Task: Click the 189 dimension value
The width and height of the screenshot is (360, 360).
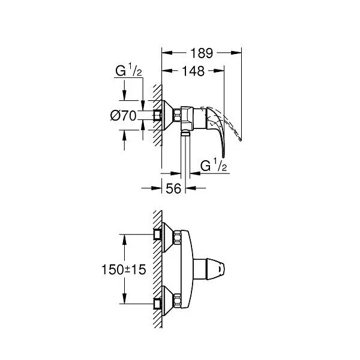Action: click(202, 53)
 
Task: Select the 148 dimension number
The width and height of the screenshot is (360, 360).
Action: click(193, 71)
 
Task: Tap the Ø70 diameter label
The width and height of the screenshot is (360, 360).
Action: click(123, 115)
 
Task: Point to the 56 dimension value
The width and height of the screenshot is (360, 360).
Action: click(173, 189)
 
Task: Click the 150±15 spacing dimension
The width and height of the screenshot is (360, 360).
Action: click(124, 269)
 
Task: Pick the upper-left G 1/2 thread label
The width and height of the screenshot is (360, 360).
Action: click(128, 70)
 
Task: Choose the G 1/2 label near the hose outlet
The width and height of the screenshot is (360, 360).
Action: click(214, 166)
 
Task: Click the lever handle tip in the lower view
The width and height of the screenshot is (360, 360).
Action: click(223, 269)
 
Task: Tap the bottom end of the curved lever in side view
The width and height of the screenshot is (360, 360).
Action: click(224, 157)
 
